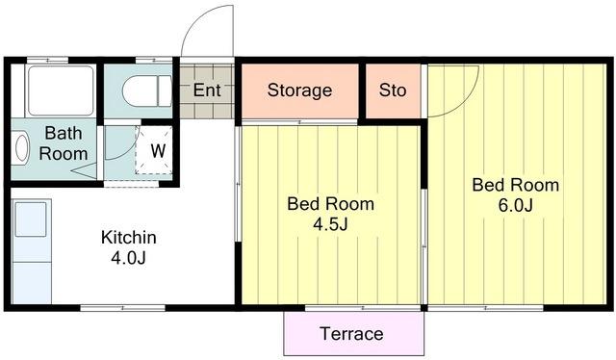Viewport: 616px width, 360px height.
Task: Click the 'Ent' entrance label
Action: click(207, 90)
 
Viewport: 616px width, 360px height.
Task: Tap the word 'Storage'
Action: click(299, 90)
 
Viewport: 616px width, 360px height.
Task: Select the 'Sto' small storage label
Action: click(393, 90)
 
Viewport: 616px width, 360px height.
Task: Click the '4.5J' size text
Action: click(330, 224)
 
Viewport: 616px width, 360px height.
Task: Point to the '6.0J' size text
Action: click(516, 205)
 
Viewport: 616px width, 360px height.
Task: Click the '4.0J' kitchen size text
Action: click(128, 258)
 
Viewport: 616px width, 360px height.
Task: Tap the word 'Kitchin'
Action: click(128, 238)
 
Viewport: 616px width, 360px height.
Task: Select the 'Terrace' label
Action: click(351, 334)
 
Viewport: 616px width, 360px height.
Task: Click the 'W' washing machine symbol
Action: click(158, 151)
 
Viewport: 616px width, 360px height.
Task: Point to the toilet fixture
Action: click(147, 91)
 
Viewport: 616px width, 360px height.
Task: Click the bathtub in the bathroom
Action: click(62, 90)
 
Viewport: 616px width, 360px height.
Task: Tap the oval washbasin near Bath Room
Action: click(21, 148)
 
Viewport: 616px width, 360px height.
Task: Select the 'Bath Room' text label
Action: click(64, 143)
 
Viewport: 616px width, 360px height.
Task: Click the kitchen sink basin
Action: click(31, 219)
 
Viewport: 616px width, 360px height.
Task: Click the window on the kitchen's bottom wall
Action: click(122, 308)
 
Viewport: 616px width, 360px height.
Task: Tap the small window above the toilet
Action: click(154, 60)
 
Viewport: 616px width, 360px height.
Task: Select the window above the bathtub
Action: click(47, 60)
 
